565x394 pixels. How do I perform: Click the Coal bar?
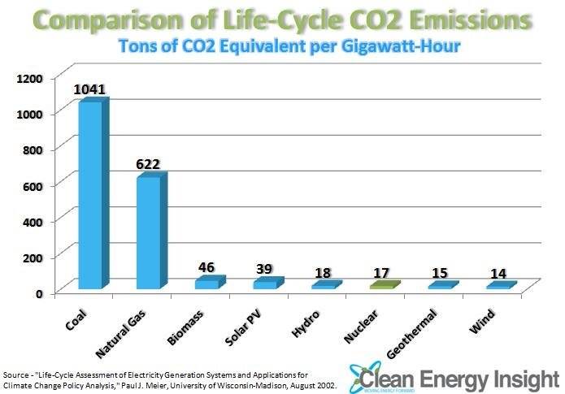(x=90, y=195)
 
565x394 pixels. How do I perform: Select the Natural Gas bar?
(x=149, y=233)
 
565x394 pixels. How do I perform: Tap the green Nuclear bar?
(x=381, y=285)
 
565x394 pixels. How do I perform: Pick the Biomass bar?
(x=206, y=284)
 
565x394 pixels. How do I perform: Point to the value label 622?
(x=149, y=164)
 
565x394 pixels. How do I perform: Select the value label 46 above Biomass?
(x=207, y=266)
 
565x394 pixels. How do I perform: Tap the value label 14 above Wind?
(x=498, y=273)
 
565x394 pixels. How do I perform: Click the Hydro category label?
(x=314, y=318)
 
